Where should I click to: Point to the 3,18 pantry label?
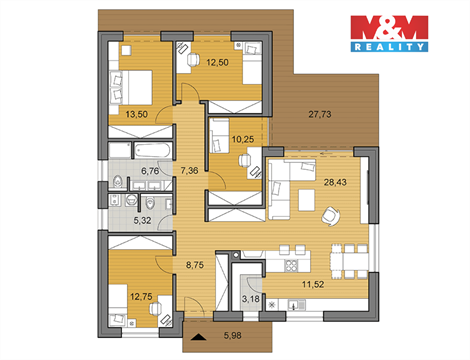pyautogui.click(x=253, y=297)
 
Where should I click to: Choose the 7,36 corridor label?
pyautogui.click(x=188, y=172)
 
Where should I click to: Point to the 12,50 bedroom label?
pyautogui.click(x=217, y=62)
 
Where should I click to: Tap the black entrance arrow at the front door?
pyautogui.click(x=199, y=337)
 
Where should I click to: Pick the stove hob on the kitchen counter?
pyautogui.click(x=292, y=264)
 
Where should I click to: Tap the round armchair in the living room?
pyautogui.click(x=328, y=213)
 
